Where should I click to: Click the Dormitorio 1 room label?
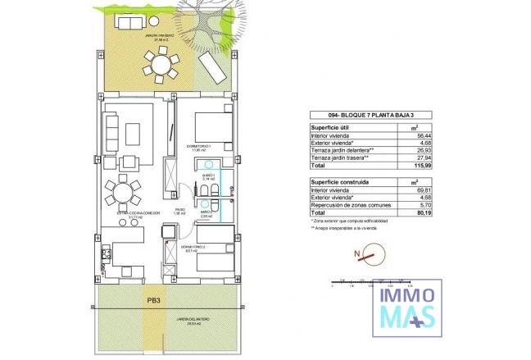click(200, 148)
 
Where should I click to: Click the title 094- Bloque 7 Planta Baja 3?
click(361, 116)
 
